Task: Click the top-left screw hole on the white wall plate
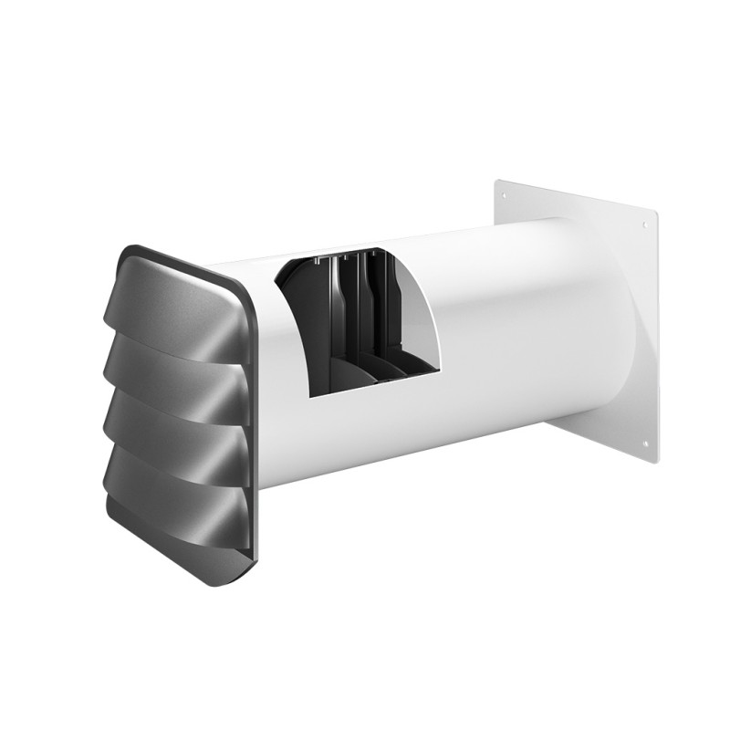coord(507,194)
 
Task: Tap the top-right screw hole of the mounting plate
coord(644,224)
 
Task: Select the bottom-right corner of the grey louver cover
coord(255,557)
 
